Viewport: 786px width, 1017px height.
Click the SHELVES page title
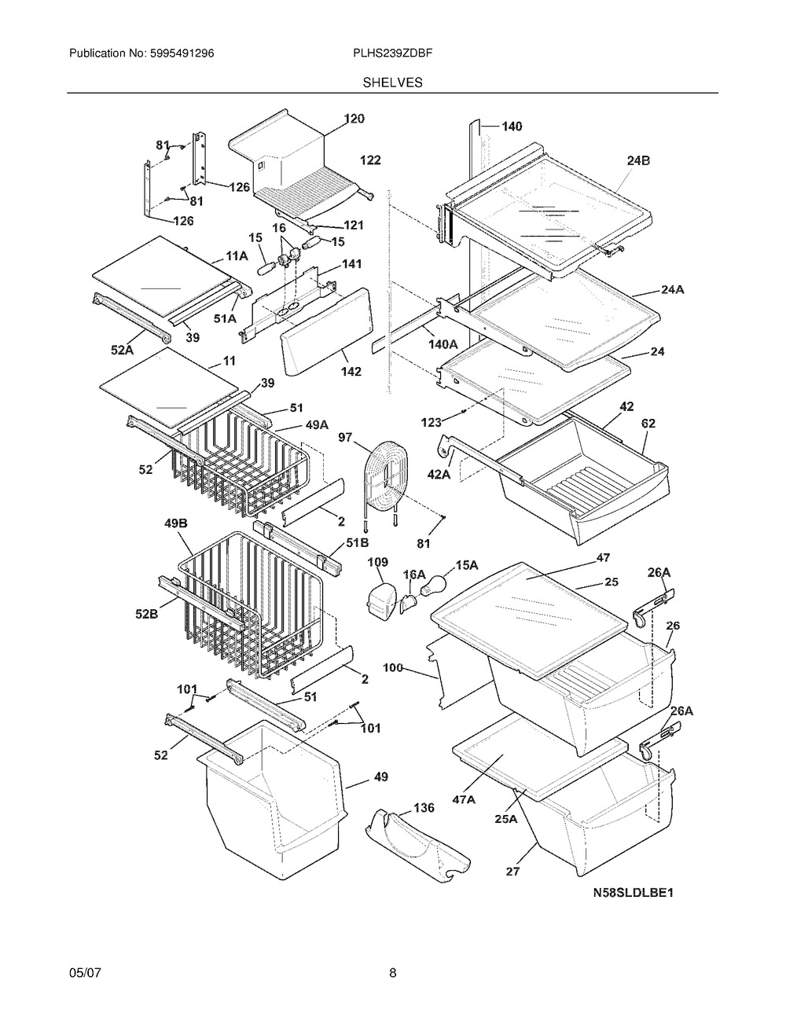coord(392,83)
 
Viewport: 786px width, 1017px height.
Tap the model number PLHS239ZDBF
coord(392,53)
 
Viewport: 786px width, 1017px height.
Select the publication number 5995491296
coord(182,53)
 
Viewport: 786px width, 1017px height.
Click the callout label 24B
coord(638,160)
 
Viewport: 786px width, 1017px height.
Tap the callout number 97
coord(346,438)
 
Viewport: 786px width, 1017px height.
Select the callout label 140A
coord(443,344)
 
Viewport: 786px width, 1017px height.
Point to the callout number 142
coord(351,371)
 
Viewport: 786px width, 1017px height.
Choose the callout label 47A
coord(464,800)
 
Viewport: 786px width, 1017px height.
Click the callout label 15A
coord(467,565)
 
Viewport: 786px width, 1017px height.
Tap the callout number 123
coord(431,423)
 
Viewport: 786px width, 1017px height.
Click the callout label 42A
coord(439,474)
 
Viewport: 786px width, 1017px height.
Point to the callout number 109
coord(378,562)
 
